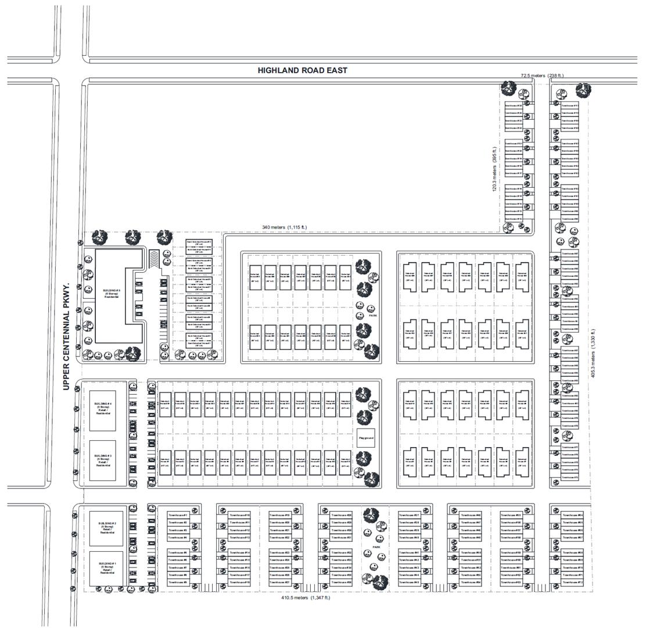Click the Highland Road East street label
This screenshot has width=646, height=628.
point(302,70)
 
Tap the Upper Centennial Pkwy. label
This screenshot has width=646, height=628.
point(66,337)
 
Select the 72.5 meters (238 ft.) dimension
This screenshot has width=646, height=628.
point(541,76)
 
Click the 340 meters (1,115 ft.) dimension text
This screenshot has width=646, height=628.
point(285,227)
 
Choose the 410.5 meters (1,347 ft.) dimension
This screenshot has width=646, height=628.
point(306,598)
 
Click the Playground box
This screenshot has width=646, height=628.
point(365,438)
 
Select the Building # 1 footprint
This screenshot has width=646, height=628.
point(107,568)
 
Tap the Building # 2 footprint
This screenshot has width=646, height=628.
point(107,528)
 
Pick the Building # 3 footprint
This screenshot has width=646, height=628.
point(102,461)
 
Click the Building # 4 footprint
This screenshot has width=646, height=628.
point(102,410)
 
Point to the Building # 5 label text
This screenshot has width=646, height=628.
point(112,292)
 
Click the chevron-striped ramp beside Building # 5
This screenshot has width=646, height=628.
point(154,259)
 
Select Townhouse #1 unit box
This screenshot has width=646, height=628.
point(177,515)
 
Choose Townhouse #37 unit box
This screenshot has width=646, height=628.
point(408,515)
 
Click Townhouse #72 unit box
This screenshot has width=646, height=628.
point(572,583)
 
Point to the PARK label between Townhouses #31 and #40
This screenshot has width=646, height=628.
point(376,548)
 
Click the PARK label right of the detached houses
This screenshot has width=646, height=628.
point(372,316)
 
